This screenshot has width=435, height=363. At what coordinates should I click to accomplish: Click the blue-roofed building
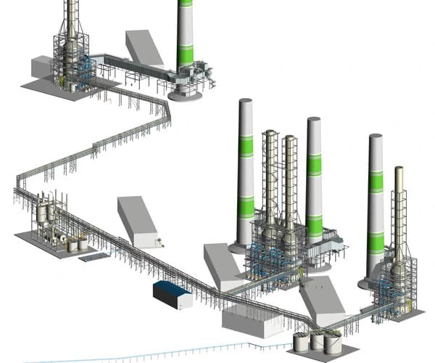(173, 294)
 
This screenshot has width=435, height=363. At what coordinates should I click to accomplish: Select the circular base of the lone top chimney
(186, 94)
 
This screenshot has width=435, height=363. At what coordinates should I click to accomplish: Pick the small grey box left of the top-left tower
(41, 67)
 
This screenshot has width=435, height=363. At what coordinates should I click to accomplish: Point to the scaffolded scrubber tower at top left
(70, 51)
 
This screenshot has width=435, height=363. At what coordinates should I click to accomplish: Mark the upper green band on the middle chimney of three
(314, 164)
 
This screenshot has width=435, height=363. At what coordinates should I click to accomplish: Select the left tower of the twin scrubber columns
(270, 181)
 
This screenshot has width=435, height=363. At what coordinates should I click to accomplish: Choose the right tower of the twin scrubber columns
(289, 185)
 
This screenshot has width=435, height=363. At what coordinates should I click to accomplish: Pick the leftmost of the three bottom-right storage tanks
(301, 341)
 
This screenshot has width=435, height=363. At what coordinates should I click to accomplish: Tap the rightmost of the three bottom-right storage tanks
(333, 344)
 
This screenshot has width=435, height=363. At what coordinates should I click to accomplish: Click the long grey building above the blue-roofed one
(138, 221)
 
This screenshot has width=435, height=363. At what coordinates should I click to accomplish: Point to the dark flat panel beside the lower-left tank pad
(94, 256)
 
